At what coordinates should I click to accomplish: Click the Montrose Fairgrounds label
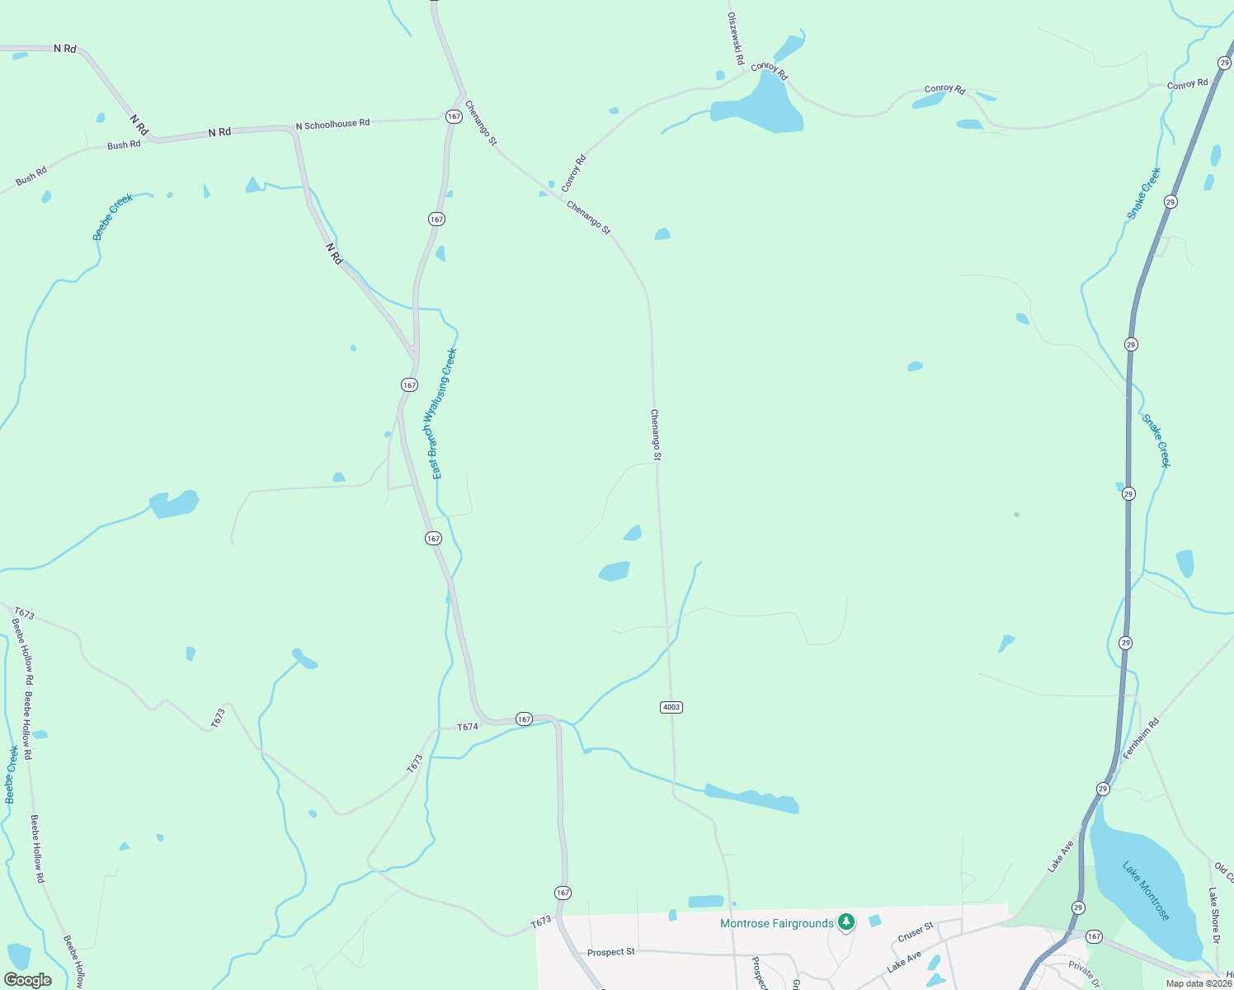(776, 923)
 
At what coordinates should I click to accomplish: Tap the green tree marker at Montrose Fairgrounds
(845, 922)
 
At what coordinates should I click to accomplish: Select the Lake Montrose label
(1146, 891)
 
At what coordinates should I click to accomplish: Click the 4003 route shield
(671, 707)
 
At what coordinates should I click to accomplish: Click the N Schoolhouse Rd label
(332, 125)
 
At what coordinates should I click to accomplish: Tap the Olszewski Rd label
(735, 39)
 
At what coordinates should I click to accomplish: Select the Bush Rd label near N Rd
(124, 145)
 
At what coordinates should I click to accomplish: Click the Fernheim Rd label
(1142, 738)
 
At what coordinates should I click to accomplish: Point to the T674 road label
(468, 727)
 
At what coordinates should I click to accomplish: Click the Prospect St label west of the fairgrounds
(610, 952)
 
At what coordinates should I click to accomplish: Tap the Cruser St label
(915, 932)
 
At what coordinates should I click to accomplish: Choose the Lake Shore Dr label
(1213, 915)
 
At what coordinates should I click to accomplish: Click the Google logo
(28, 980)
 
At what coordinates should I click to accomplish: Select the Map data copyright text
(1199, 983)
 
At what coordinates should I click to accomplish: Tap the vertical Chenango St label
(656, 434)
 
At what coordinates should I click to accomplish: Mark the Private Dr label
(1084, 973)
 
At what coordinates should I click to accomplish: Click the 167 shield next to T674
(524, 719)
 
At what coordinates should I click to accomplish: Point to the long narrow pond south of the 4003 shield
(752, 799)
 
